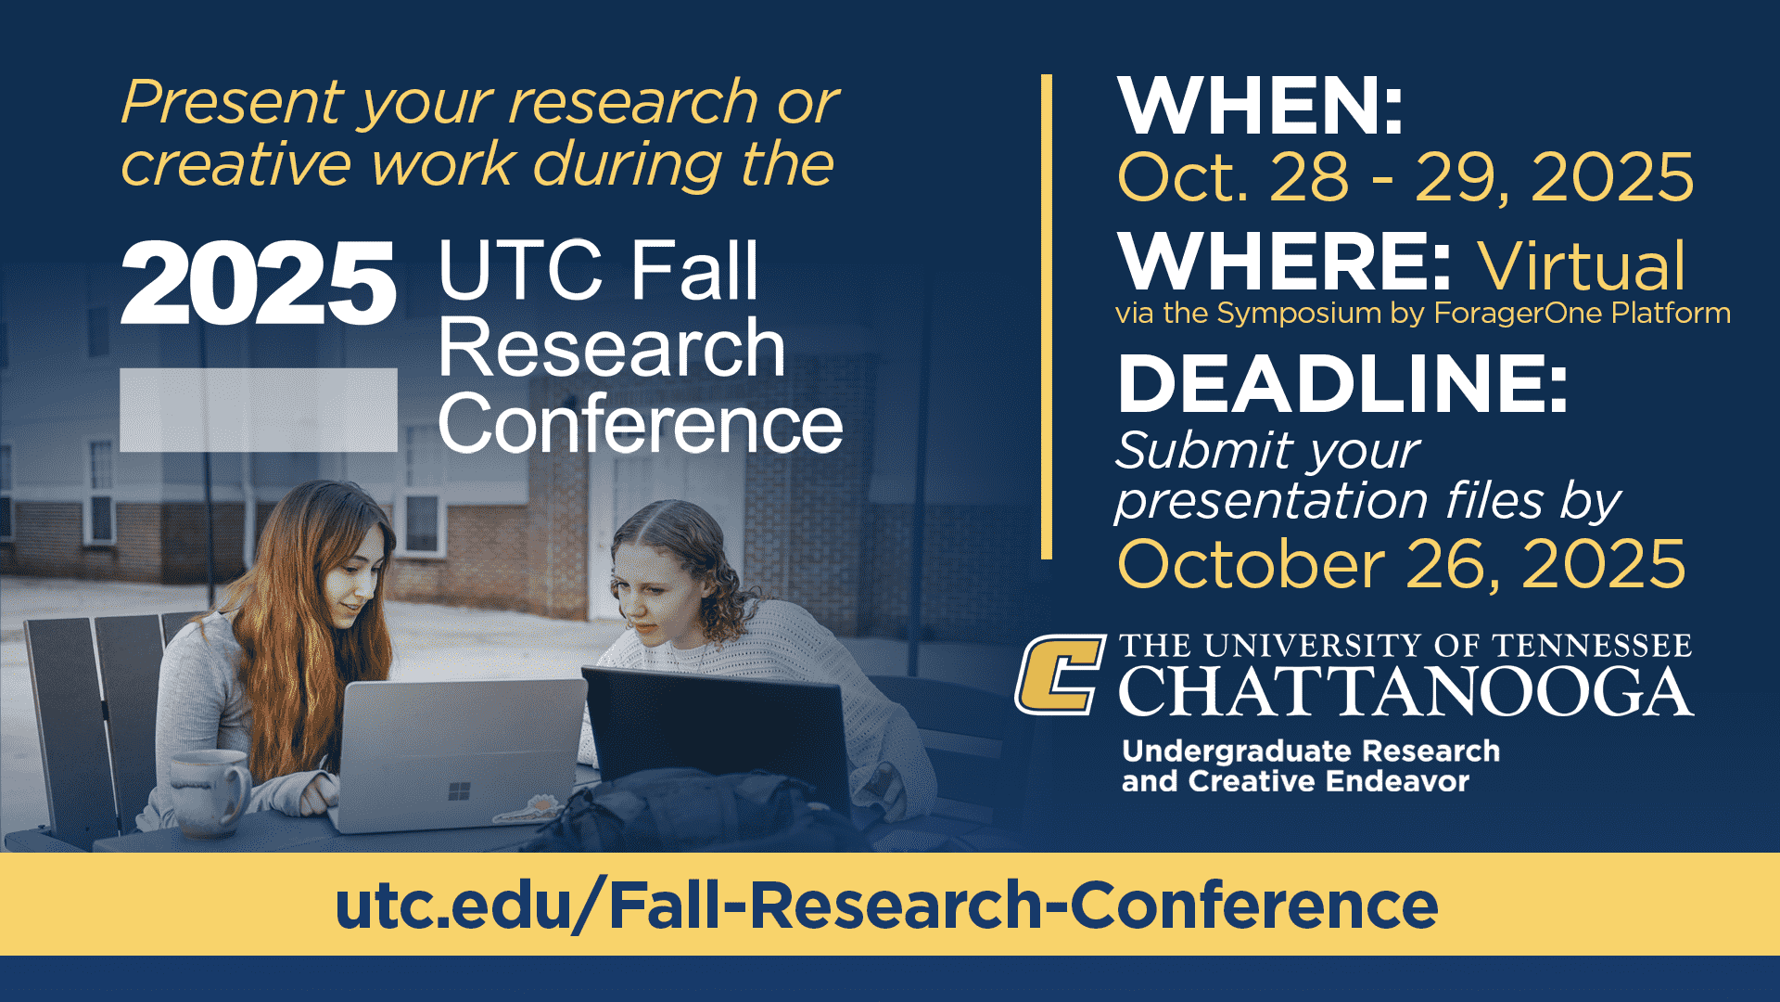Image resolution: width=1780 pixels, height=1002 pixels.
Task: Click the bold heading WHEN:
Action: pos(1261,107)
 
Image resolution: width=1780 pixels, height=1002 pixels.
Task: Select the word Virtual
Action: pos(1582,266)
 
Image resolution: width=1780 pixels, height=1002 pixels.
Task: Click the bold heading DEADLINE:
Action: pos(1342,383)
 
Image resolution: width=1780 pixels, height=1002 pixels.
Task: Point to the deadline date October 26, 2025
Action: pos(1401,564)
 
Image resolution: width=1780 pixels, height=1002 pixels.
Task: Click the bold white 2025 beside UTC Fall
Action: pos(258,283)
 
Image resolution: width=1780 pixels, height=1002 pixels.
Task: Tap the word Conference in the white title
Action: pos(641,424)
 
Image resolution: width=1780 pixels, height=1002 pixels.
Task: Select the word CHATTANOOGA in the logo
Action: pos(1405,692)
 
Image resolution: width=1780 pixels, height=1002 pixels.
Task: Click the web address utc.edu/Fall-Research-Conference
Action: pos(886,905)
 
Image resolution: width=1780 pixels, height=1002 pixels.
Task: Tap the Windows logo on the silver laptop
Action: pos(459,791)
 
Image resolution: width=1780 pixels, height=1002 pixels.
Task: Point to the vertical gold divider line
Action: pos(1047,316)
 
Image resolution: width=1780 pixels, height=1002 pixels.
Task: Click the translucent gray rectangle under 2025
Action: pos(259,410)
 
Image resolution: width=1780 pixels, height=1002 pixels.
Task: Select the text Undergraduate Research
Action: pos(1310,751)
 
